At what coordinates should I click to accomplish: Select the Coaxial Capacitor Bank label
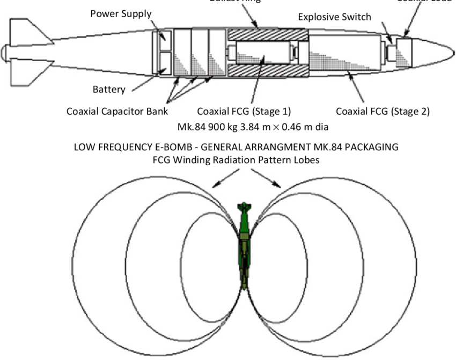(x=117, y=112)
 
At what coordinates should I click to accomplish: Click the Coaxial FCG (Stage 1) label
(x=244, y=112)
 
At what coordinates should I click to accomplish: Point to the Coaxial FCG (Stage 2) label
(x=383, y=112)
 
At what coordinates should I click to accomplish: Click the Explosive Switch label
(x=334, y=17)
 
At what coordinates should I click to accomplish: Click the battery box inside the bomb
(x=161, y=63)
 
